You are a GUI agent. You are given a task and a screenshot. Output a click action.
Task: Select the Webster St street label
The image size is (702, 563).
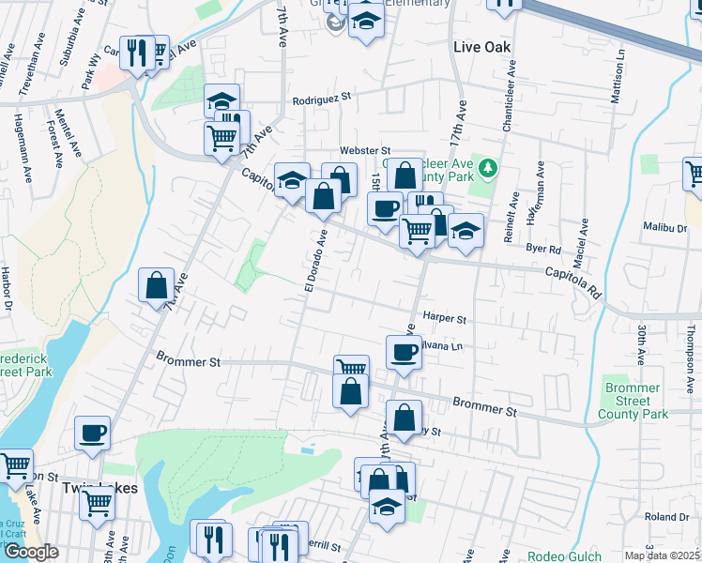(x=364, y=150)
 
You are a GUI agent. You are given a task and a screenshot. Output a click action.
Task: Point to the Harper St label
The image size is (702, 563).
(x=444, y=319)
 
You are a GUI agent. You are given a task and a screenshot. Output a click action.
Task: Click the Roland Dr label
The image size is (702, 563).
(x=666, y=517)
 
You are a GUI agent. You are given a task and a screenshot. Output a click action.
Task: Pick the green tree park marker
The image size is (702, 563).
(x=487, y=169)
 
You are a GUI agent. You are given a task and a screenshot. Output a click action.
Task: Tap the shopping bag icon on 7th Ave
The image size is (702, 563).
(x=156, y=286)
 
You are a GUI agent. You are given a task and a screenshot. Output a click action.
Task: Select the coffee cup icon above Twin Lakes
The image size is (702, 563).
(x=92, y=434)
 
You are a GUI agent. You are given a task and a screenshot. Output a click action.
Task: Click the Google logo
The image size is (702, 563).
(x=31, y=552)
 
